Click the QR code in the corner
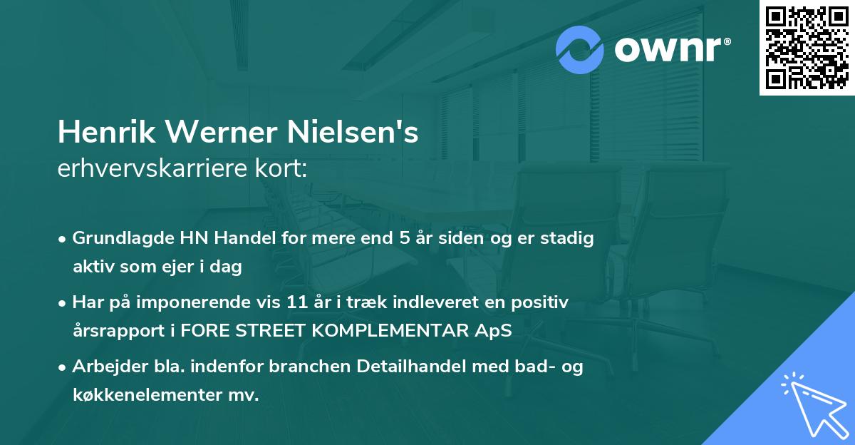point(807,47)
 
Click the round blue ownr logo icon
point(581,49)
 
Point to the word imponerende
point(215,302)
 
